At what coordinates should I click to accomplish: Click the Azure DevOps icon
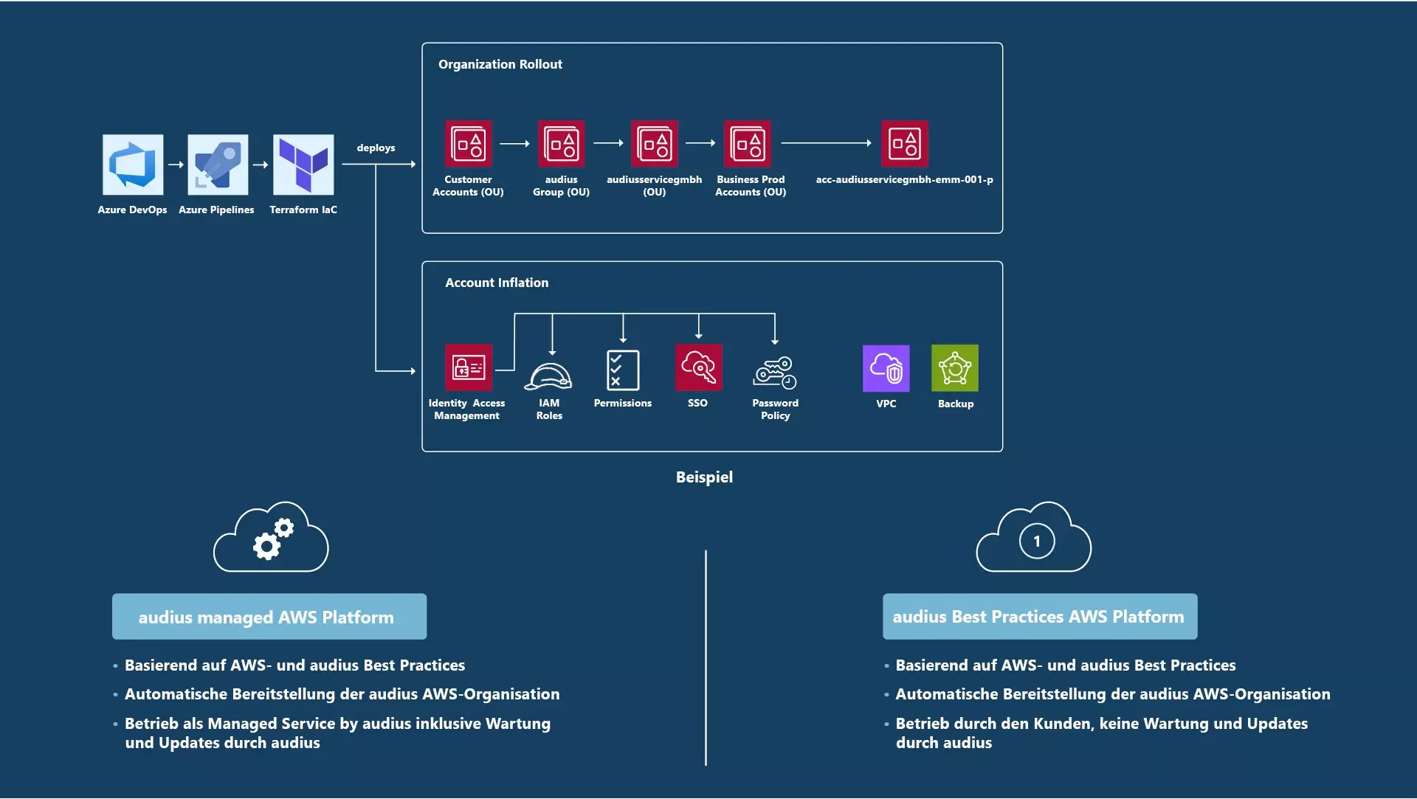pos(133,165)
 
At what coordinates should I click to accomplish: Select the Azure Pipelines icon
pos(218,165)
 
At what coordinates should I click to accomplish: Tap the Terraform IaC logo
pos(303,165)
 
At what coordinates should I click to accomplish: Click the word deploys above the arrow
pos(376,148)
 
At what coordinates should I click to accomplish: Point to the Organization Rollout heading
pos(500,64)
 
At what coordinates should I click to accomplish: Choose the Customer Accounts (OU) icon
pos(468,144)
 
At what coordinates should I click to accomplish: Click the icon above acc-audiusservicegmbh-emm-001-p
pos(904,144)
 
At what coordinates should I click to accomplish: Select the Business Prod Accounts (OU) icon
pos(748,144)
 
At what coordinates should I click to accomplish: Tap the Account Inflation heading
pos(497,283)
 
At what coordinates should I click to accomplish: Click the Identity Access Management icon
pos(468,367)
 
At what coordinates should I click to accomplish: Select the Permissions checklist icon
pos(623,370)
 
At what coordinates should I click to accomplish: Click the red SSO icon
pos(698,367)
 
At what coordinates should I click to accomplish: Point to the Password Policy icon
pos(775,372)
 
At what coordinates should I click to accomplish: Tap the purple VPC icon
pos(886,368)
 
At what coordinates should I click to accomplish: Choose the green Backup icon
pos(955,368)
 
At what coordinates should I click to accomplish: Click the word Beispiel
pos(704,477)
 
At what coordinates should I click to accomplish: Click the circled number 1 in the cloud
pos(1036,542)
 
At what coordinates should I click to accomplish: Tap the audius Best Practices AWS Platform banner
pos(1039,617)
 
